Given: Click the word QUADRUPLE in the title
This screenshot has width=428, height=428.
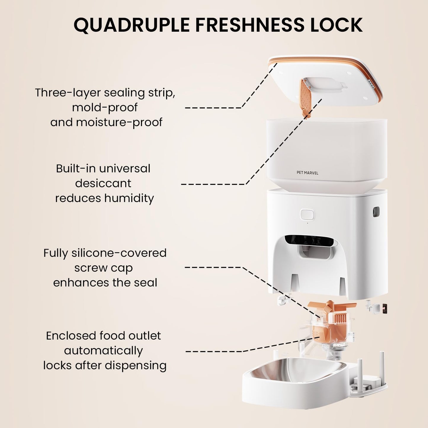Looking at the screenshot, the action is tap(132, 25).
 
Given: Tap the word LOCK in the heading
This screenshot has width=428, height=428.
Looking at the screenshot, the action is tap(336, 24).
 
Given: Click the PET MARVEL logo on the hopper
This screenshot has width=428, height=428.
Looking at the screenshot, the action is tap(307, 173).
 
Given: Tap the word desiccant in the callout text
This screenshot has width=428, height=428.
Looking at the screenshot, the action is tap(103, 183).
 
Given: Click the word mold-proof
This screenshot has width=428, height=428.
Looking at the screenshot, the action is tap(105, 108).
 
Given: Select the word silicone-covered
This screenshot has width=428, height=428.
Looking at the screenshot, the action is tap(119, 253).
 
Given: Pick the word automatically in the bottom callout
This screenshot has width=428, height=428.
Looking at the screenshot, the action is tap(103, 351).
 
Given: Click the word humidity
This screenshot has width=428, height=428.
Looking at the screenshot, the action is tap(129, 198).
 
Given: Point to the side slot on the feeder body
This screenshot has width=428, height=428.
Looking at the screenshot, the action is tap(376, 212).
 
